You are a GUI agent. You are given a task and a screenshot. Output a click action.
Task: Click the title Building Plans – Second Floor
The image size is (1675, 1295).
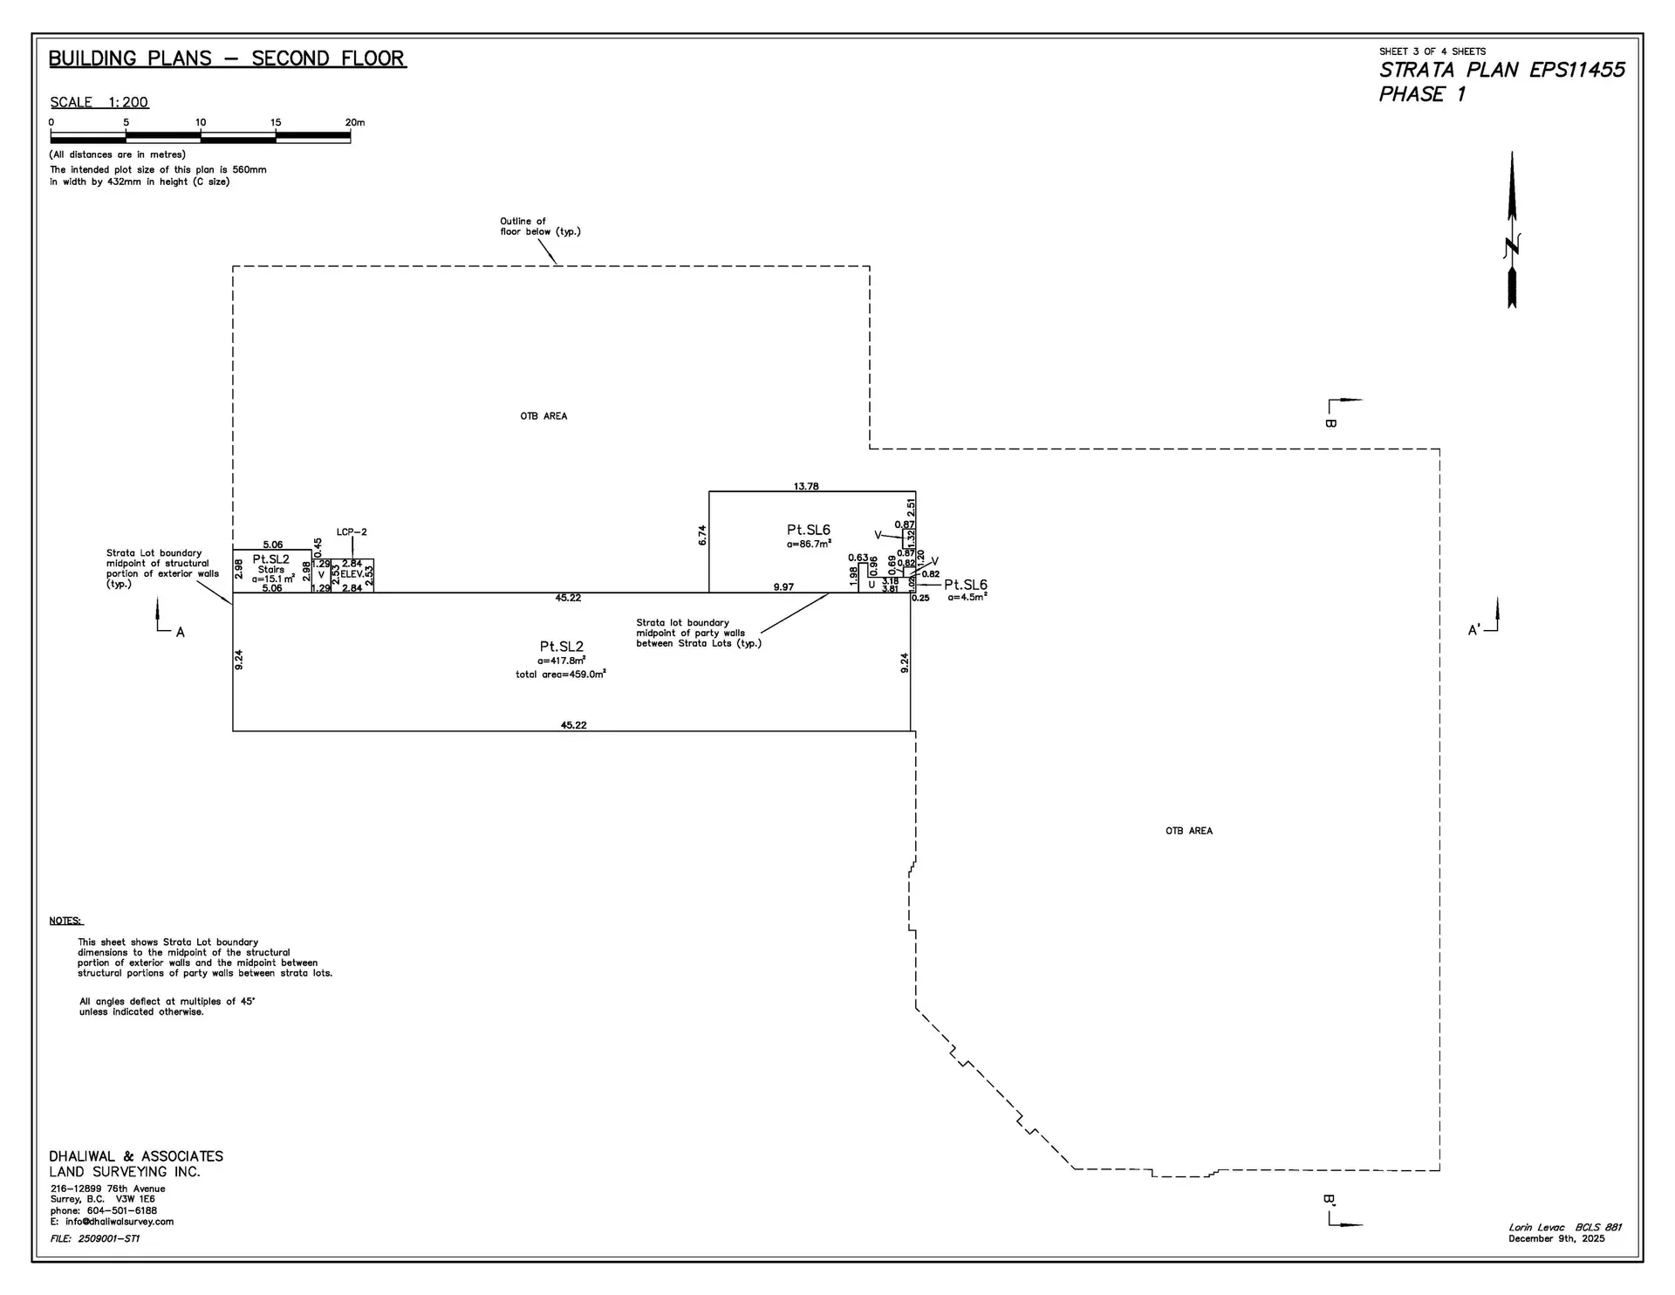pyautogui.click(x=227, y=58)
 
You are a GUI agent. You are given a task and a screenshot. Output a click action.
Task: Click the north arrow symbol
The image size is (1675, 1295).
pyautogui.click(x=1512, y=231)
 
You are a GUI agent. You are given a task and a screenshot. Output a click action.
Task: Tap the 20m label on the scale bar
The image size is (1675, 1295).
pyautogui.click(x=355, y=122)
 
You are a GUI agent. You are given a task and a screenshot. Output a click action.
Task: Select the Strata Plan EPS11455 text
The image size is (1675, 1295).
pyautogui.click(x=1501, y=70)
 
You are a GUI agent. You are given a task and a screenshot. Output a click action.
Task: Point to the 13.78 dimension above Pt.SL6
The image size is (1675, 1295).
pyautogui.click(x=806, y=486)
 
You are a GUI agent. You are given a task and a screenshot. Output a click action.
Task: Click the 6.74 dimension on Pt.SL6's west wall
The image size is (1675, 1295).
pyautogui.click(x=702, y=535)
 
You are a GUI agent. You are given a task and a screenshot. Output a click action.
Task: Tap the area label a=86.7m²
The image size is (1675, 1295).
pyautogui.click(x=809, y=544)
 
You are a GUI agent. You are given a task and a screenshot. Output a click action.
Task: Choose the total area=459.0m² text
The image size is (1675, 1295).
pyautogui.click(x=561, y=675)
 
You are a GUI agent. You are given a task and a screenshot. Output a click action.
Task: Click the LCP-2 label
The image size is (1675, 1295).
pyautogui.click(x=352, y=532)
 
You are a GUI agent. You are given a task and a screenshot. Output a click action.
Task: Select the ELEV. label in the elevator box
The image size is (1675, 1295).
pyautogui.click(x=352, y=574)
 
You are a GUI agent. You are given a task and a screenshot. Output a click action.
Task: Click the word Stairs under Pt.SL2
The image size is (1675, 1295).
pyautogui.click(x=271, y=569)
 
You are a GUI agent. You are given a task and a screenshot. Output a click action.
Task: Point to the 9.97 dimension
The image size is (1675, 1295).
pyautogui.click(x=783, y=587)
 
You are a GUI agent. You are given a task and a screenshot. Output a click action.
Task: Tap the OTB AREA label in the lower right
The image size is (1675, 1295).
pyautogui.click(x=1188, y=831)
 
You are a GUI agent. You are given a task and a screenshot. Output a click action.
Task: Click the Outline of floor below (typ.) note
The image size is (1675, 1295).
pyautogui.click(x=539, y=227)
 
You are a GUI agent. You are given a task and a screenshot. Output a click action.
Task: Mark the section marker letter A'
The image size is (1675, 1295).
pyautogui.click(x=1474, y=630)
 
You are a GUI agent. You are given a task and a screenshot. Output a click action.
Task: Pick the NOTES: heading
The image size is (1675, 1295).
pyautogui.click(x=66, y=921)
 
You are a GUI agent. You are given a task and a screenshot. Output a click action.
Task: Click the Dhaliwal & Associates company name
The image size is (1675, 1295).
pyautogui.click(x=136, y=1156)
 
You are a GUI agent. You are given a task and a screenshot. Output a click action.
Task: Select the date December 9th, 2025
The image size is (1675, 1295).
pyautogui.click(x=1556, y=1238)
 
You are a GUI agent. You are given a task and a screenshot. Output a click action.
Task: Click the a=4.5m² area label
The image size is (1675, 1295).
pyautogui.click(x=967, y=598)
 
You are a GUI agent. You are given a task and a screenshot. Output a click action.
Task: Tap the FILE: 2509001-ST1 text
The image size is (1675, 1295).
pyautogui.click(x=95, y=1238)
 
